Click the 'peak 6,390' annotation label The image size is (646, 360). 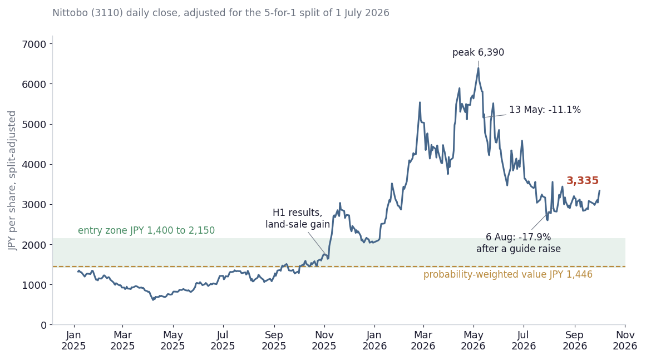(x=478, y=53)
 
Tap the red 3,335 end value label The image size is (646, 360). (x=583, y=180)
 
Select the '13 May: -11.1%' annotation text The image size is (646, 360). (x=545, y=110)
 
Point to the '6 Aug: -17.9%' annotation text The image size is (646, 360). (x=518, y=237)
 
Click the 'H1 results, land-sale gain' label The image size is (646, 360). (x=298, y=218)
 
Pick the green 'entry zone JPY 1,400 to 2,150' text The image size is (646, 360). (x=146, y=231)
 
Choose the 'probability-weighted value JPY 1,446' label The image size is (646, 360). (x=508, y=274)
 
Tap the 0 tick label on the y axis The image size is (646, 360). (x=43, y=325)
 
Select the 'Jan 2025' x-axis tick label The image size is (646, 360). (x=73, y=341)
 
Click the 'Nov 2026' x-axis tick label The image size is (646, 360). (x=624, y=341)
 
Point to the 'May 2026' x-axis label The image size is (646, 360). (x=474, y=341)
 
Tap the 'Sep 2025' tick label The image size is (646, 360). (x=274, y=341)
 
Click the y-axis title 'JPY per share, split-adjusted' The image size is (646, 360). (x=12, y=180)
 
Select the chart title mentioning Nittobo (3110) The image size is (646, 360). (x=221, y=13)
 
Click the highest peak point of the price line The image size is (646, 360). (x=479, y=68)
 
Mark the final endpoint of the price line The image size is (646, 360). (x=599, y=190)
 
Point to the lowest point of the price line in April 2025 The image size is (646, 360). (x=153, y=300)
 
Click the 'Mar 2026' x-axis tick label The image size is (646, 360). (x=423, y=341)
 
